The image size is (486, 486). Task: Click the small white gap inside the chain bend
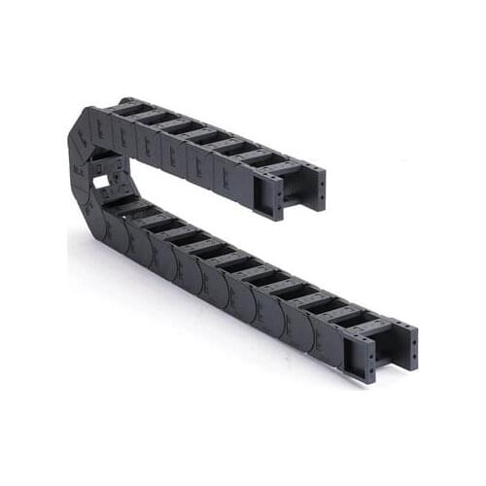pyautogui.click(x=101, y=181)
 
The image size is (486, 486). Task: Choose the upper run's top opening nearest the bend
pyautogui.click(x=133, y=108)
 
